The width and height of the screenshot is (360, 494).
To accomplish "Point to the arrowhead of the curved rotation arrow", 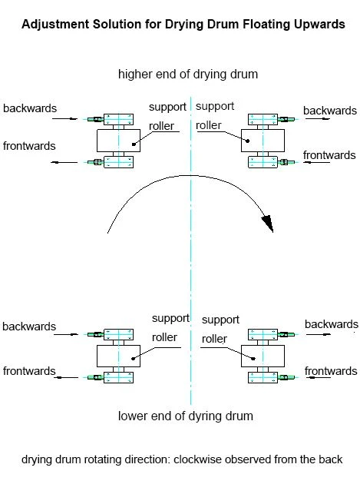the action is pyautogui.click(x=267, y=224).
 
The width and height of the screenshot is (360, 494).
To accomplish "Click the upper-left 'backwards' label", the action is pyautogui.click(x=30, y=108).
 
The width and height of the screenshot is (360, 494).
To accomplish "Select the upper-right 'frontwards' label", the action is pyautogui.click(x=329, y=155).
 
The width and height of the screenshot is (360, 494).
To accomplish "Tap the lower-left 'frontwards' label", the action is pyautogui.click(x=29, y=371).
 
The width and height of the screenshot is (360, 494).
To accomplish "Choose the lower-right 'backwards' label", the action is pyautogui.click(x=332, y=324).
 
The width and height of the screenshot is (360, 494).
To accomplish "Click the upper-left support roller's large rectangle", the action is pyautogui.click(x=118, y=140).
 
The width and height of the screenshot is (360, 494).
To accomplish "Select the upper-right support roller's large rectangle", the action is pyautogui.click(x=263, y=140).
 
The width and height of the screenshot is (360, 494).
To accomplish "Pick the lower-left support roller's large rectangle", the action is pyautogui.click(x=118, y=356).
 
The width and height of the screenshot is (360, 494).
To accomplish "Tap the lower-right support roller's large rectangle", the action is pyautogui.click(x=263, y=356).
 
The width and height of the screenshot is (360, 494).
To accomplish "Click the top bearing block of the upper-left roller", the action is pyautogui.click(x=118, y=119).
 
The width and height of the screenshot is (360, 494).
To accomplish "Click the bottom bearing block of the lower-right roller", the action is pyautogui.click(x=263, y=377).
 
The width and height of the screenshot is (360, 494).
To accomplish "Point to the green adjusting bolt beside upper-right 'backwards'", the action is pyautogui.click(x=286, y=119).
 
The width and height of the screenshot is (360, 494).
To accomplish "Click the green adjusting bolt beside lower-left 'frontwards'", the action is pyautogui.click(x=95, y=377).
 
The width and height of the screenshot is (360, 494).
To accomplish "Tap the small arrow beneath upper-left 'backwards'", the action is pyautogui.click(x=64, y=119).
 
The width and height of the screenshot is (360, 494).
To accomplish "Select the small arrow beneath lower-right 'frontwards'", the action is pyautogui.click(x=318, y=377).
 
